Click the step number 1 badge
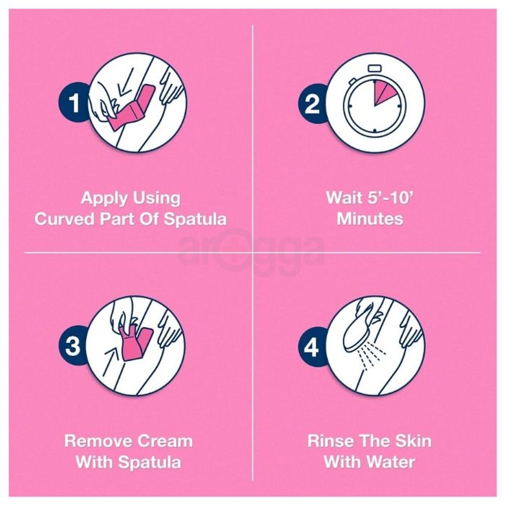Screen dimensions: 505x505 73,103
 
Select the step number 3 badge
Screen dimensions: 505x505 73,346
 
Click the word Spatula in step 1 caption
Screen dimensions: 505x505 195,219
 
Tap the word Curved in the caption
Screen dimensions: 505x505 65,219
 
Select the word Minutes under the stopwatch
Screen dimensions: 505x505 370,219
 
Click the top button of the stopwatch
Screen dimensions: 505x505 375,68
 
